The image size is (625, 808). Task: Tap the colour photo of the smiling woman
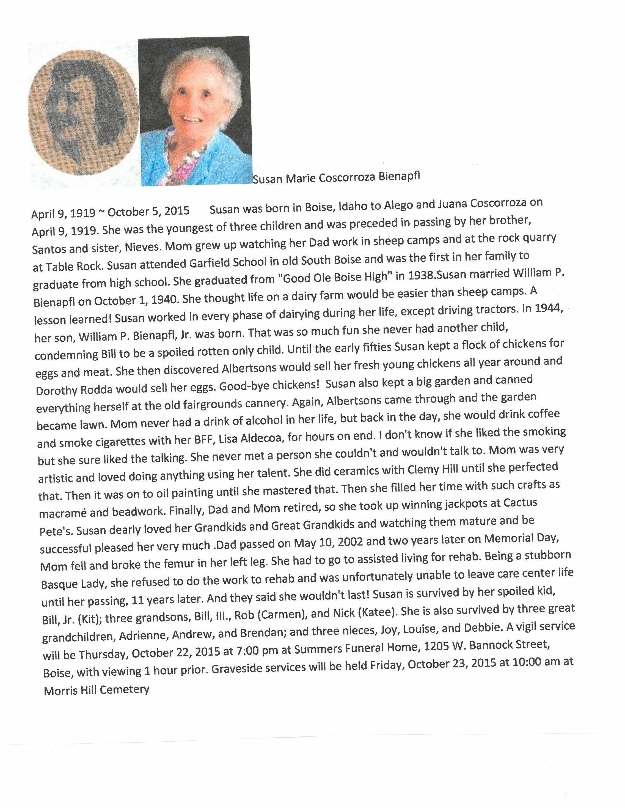[195, 111]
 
